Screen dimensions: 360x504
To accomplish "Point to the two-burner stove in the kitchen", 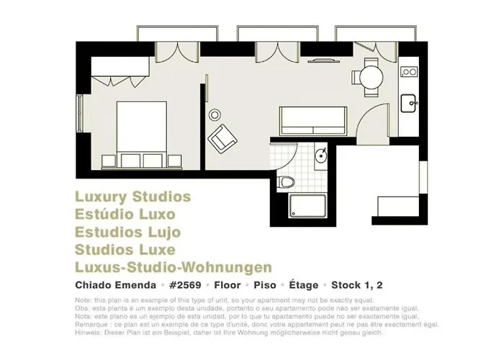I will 410,72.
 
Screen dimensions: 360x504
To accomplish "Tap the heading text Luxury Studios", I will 132,197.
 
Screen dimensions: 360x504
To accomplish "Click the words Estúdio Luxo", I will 125,215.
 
